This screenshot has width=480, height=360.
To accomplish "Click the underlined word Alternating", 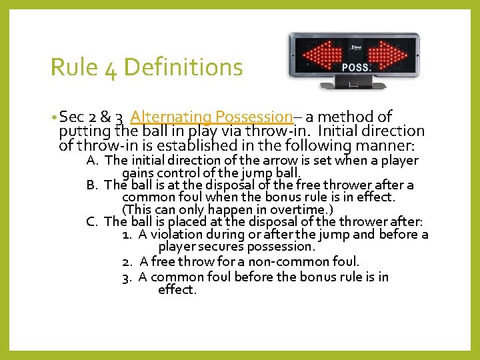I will click(x=171, y=117).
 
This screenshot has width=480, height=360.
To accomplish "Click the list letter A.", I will click(x=93, y=160).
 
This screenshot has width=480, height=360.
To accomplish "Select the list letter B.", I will click(x=93, y=185).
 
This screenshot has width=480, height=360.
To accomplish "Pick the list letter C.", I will click(x=93, y=222).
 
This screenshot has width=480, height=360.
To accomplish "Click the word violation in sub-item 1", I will click(x=177, y=235).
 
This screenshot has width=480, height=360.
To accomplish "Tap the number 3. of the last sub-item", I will click(x=127, y=277).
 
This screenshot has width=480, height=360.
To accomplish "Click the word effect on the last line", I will click(x=177, y=290).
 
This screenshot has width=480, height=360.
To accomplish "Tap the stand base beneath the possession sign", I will click(x=353, y=85).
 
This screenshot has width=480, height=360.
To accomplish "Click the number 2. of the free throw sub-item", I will click(x=127, y=261).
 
